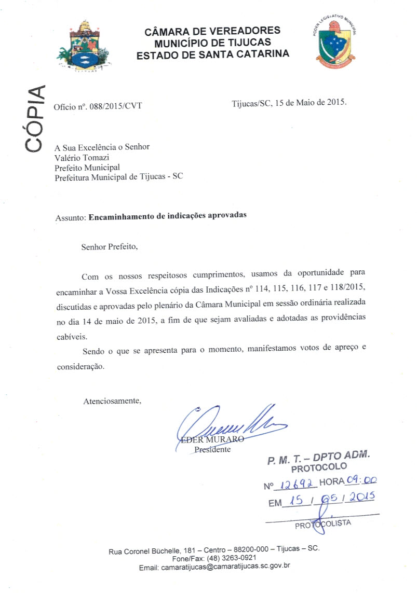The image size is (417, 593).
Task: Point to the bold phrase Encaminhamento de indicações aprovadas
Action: point(167,217)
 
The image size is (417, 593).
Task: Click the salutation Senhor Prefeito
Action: point(110,246)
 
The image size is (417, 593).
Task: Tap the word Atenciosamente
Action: point(112,401)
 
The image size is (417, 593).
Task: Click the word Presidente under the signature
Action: point(212,449)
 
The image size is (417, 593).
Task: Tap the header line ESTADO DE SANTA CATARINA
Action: point(213,53)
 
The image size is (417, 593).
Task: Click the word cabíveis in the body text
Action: point(73,336)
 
